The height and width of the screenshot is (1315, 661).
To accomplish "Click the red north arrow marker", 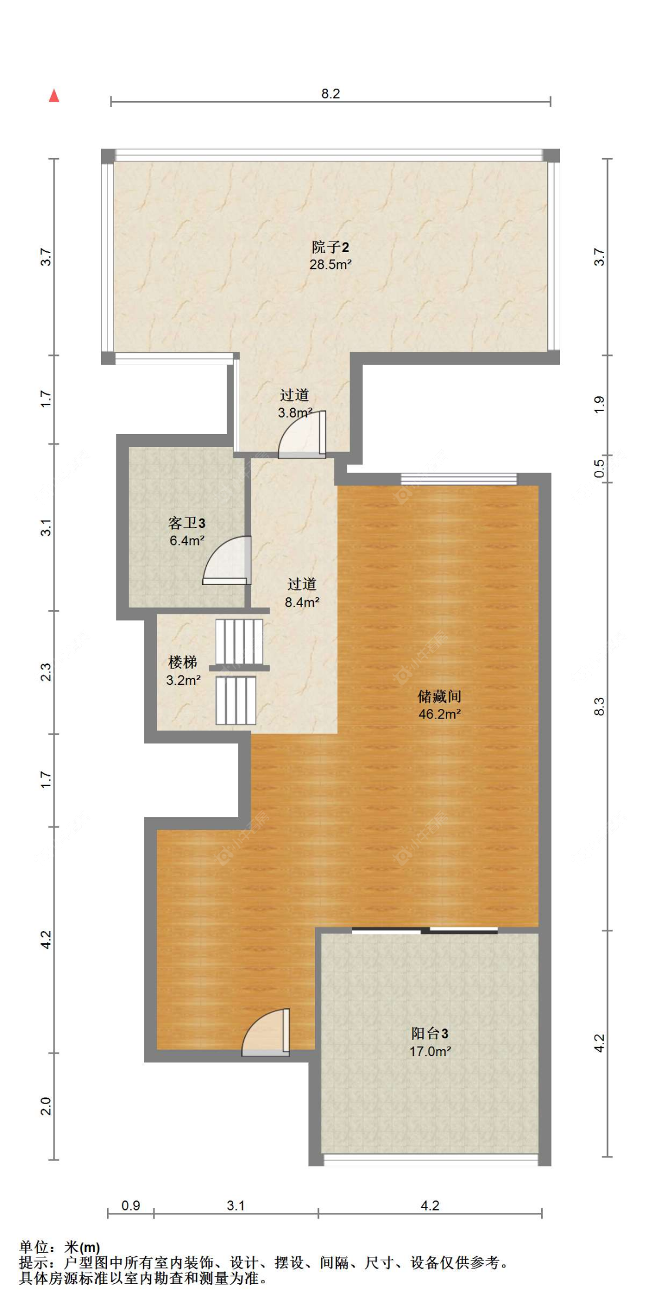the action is [x=54, y=95].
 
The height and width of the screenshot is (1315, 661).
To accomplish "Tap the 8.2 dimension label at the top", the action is [x=330, y=93].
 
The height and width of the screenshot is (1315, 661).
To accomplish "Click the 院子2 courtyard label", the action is [x=330, y=247].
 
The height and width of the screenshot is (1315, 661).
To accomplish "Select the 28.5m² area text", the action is [x=330, y=265].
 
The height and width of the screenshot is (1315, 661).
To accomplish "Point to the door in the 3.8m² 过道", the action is [x=302, y=435].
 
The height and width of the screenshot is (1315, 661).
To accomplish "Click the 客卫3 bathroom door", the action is [x=227, y=560].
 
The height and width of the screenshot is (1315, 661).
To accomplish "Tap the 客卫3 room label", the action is [x=187, y=523].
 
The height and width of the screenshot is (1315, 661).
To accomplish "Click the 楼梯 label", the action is [x=183, y=662].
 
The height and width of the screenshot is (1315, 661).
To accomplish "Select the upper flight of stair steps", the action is [x=239, y=642].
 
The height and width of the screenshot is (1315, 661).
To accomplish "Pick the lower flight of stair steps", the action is [x=236, y=701].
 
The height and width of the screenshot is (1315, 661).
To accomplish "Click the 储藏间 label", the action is [x=439, y=697].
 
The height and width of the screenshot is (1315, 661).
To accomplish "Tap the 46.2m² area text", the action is [x=439, y=714].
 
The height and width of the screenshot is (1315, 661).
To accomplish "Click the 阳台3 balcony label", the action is [x=430, y=1034].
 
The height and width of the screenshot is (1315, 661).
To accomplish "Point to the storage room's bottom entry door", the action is [x=266, y=1033].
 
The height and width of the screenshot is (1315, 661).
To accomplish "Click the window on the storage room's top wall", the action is [x=459, y=479].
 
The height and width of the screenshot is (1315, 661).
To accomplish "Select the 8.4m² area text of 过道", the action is [x=302, y=602].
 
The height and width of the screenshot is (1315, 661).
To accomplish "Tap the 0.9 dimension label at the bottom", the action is [x=130, y=1205].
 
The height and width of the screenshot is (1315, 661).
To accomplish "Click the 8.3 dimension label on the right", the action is [x=599, y=707].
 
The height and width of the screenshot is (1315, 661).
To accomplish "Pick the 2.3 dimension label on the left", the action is [x=46, y=672].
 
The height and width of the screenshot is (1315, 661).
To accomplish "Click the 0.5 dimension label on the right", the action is [x=599, y=468].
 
